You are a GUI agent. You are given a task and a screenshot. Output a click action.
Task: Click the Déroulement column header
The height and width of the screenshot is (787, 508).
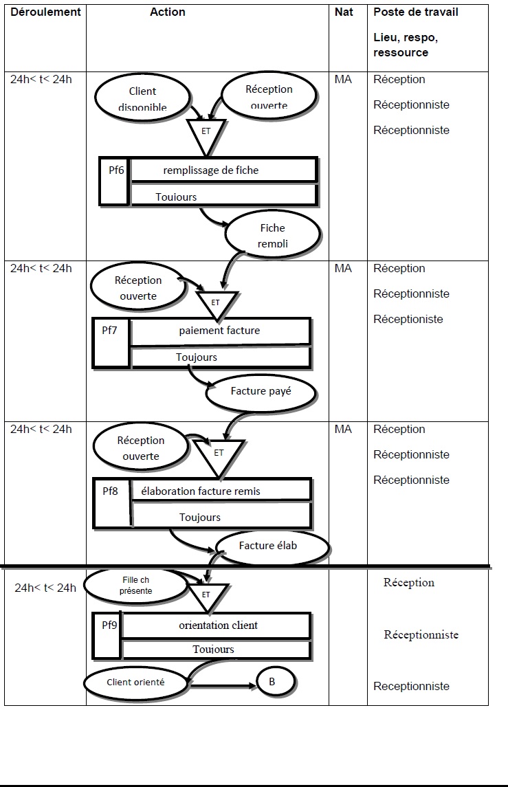pyautogui.click(x=45, y=12)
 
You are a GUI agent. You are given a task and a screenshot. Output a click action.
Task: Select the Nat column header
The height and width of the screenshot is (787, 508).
pyautogui.click(x=344, y=12)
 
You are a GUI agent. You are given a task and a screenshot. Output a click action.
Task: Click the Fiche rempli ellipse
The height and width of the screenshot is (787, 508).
pyautogui.click(x=272, y=235)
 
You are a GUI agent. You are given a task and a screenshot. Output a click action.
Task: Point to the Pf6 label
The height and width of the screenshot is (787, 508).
pyautogui.click(x=117, y=170)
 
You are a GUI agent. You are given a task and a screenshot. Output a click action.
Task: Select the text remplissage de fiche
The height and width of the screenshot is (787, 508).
pyautogui.click(x=211, y=170)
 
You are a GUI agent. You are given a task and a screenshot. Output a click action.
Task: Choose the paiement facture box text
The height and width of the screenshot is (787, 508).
pyautogui.click(x=219, y=330)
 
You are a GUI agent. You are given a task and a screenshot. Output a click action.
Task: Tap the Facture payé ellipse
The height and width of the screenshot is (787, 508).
pyautogui.click(x=261, y=392)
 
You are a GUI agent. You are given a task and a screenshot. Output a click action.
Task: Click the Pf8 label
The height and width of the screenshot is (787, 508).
pyautogui.click(x=110, y=491)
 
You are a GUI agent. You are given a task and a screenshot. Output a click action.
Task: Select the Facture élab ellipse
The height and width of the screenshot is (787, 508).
pyautogui.click(x=272, y=546)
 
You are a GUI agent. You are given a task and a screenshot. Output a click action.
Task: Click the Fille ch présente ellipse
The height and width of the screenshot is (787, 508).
pyautogui.click(x=135, y=585)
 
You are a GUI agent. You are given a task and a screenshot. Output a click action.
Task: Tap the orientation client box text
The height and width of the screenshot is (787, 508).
pyautogui.click(x=219, y=625)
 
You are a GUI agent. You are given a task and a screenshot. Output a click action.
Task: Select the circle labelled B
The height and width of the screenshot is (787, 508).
pyautogui.click(x=275, y=682)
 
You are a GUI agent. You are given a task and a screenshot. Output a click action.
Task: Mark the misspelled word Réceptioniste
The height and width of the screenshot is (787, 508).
pyautogui.click(x=408, y=319)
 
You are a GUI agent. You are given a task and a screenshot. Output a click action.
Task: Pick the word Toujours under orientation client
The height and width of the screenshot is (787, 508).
pyautogui.click(x=213, y=649)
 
